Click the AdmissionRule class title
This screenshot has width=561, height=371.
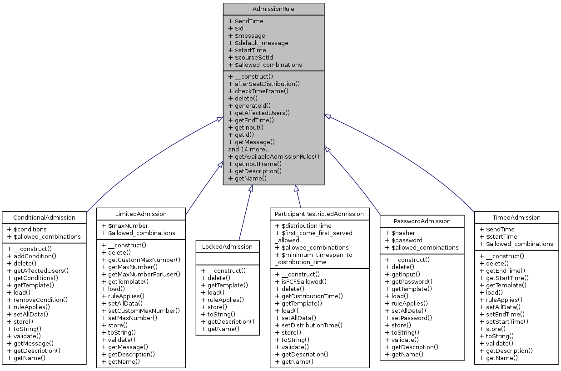pos(273,9)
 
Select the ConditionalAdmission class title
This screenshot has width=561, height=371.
pos(44,217)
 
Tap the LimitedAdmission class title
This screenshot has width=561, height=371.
pos(141,214)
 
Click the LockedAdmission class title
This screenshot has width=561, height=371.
pos(228,246)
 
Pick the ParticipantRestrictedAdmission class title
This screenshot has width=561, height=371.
pos(319,214)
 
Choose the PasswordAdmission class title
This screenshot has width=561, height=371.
pos(422,221)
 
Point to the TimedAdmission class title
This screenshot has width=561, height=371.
pos(516,217)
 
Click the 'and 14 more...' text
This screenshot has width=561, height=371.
pos(249,149)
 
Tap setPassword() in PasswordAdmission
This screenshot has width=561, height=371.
pos(405,318)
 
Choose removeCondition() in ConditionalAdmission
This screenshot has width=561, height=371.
pos(40,300)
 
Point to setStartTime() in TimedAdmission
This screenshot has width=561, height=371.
pos(507,321)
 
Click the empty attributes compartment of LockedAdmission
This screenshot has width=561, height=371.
pos(228,258)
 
